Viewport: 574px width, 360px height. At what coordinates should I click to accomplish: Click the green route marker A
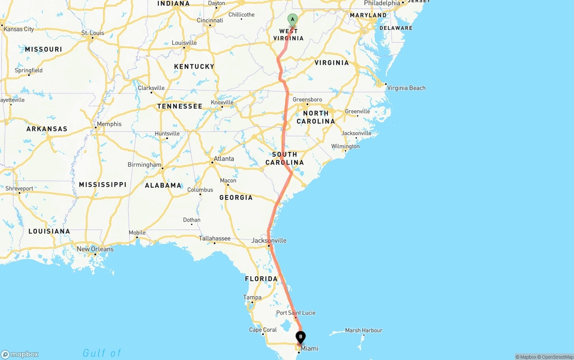292,19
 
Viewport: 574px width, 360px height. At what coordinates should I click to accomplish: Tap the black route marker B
301,337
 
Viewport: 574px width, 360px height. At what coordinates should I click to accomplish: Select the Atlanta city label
223,159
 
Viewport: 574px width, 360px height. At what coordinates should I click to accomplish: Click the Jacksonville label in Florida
269,241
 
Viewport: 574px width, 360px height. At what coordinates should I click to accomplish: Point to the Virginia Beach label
406,88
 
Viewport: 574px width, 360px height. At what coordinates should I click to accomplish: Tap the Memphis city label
109,124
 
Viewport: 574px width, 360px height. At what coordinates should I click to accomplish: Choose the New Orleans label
95,249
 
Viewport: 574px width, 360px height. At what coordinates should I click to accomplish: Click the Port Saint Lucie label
296,313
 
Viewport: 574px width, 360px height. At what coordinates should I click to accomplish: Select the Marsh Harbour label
364,330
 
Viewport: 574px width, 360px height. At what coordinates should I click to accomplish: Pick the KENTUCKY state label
194,67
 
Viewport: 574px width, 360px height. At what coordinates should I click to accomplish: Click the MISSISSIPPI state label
103,185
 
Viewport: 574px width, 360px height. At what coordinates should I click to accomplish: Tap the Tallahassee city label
214,239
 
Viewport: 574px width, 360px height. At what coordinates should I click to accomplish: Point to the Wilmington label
345,147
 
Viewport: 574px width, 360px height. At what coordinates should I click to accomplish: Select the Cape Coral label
263,330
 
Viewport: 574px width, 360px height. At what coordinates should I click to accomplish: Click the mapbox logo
20,354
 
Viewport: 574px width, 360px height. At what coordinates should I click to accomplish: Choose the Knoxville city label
222,103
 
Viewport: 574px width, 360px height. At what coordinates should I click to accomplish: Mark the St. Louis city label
93,33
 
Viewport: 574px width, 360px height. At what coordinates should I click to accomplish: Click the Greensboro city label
307,100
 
